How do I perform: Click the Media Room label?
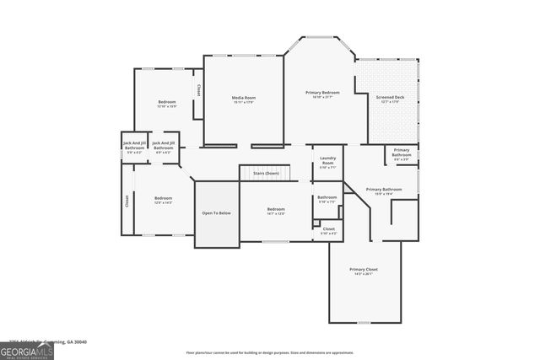(244, 98)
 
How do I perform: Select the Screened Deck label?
(389, 98)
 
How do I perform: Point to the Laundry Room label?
(327, 160)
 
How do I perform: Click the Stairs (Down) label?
(266, 172)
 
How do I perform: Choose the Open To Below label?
(216, 212)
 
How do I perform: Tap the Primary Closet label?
(364, 270)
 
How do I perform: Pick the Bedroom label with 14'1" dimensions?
(276, 209)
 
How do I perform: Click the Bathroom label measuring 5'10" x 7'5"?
(327, 197)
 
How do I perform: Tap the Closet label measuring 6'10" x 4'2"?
(328, 228)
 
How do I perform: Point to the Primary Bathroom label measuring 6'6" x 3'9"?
(402, 153)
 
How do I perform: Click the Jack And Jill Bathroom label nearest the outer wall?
(135, 145)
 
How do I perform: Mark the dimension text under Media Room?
(244, 103)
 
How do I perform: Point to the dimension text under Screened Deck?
(389, 103)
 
